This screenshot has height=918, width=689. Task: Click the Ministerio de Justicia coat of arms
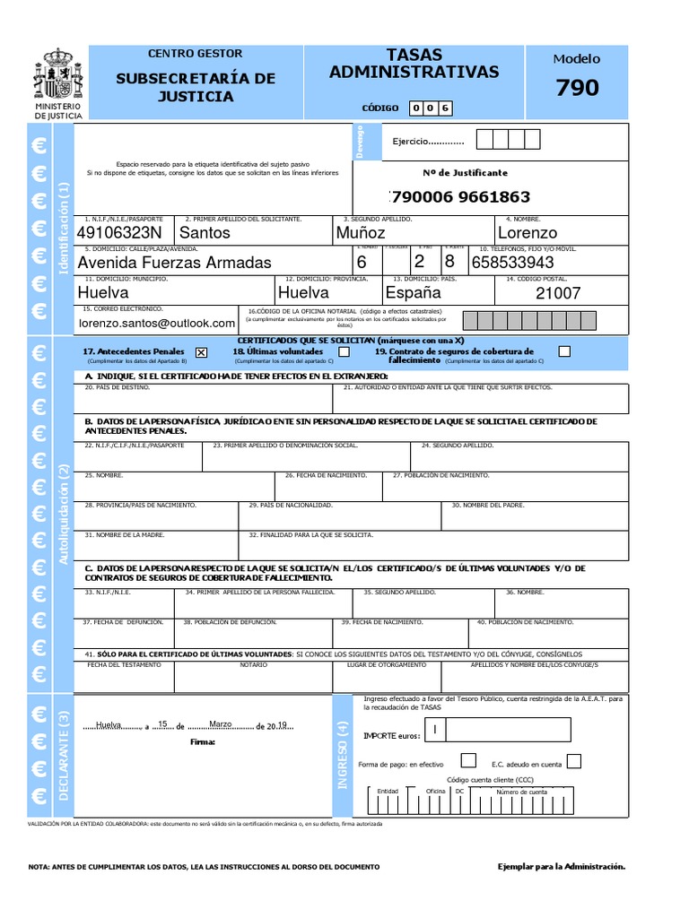click(x=58, y=77)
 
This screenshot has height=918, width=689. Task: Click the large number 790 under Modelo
click(x=577, y=88)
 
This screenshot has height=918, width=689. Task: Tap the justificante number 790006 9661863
click(x=461, y=197)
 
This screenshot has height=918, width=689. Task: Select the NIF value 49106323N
click(x=119, y=233)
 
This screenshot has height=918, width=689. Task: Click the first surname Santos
click(x=205, y=233)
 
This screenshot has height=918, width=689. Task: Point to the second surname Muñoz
click(x=360, y=233)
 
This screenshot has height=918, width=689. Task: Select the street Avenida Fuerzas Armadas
click(x=174, y=263)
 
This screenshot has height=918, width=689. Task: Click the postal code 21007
click(x=558, y=293)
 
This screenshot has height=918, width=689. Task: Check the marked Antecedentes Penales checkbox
click(x=200, y=352)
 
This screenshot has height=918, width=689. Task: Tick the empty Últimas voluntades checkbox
click(x=344, y=352)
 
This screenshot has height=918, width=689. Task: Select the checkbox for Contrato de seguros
click(x=564, y=351)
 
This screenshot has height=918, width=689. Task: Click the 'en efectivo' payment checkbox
click(x=468, y=761)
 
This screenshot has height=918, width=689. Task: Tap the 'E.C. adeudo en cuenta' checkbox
click(x=574, y=761)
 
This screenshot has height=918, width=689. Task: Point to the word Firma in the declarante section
click(x=203, y=742)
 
